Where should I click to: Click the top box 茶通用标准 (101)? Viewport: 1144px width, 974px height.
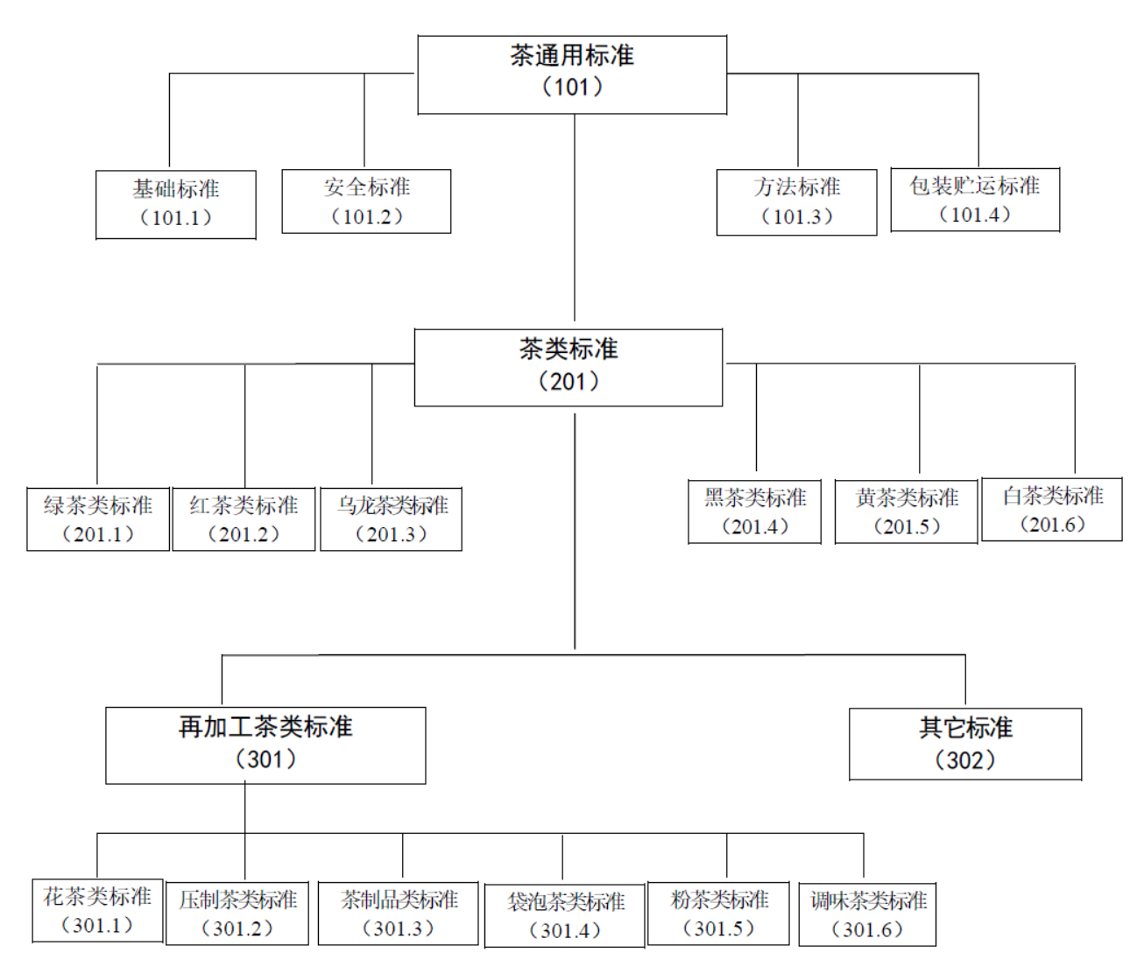pos(572,74)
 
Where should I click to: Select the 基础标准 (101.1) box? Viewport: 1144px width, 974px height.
pos(176,205)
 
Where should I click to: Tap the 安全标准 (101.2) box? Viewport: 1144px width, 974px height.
pos(366,201)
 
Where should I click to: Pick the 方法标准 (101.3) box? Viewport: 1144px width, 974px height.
pos(796,202)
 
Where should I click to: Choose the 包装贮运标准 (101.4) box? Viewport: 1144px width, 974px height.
pos(975,200)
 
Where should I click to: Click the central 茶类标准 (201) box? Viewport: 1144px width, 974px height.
pos(568,368)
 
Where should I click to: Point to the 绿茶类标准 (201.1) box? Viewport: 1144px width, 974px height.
pos(98,519)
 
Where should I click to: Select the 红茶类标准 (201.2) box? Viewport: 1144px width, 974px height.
pos(244,519)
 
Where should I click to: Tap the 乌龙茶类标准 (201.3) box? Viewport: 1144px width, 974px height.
pos(392,519)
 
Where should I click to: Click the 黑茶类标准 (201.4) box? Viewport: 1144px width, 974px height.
pos(755,512)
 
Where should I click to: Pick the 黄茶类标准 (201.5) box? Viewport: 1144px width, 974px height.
pos(906,512)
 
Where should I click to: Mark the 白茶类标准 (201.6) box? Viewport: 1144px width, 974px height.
pos(1052,509)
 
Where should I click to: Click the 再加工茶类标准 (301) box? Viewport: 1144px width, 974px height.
pos(265,745)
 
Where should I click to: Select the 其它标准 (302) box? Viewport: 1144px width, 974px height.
pos(965,745)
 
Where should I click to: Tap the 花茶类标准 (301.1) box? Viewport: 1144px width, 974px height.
pos(97,910)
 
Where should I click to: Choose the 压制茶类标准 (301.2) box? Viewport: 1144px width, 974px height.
pos(237,914)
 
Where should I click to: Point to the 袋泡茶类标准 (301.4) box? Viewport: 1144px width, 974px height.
pos(564,916)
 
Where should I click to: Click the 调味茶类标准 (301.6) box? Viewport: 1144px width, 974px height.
pos(867,914)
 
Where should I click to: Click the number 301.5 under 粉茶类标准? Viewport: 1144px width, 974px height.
pos(718,928)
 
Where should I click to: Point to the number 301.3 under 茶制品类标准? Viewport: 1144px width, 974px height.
pos(398,928)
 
